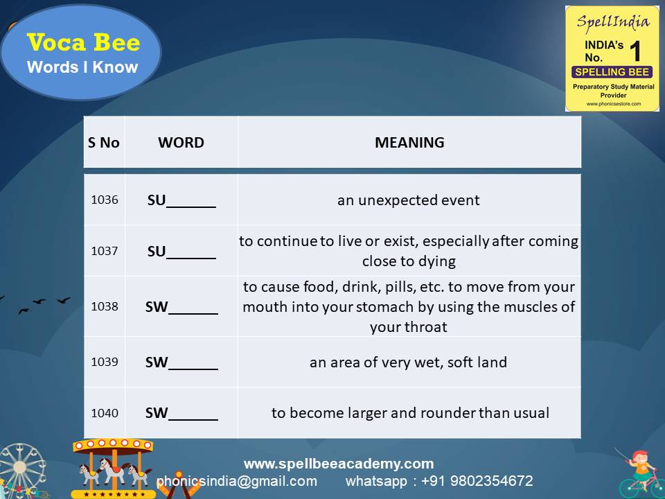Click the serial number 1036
click(x=105, y=200)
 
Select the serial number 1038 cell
click(x=105, y=306)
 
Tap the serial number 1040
click(x=105, y=413)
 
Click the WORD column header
click(x=181, y=143)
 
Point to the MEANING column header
click(x=409, y=143)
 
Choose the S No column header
click(x=104, y=143)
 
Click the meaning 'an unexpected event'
click(x=409, y=200)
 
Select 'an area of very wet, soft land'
click(x=409, y=362)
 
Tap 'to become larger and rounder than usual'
click(x=410, y=413)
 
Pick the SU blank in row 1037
click(x=181, y=252)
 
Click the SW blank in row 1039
click(x=181, y=362)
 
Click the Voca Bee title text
click(x=83, y=43)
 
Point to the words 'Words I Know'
click(x=82, y=67)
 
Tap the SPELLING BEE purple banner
click(x=612, y=72)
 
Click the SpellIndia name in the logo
click(x=614, y=21)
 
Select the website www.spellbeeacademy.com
click(x=339, y=464)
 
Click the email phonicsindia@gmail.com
click(x=237, y=481)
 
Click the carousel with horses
click(x=114, y=468)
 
